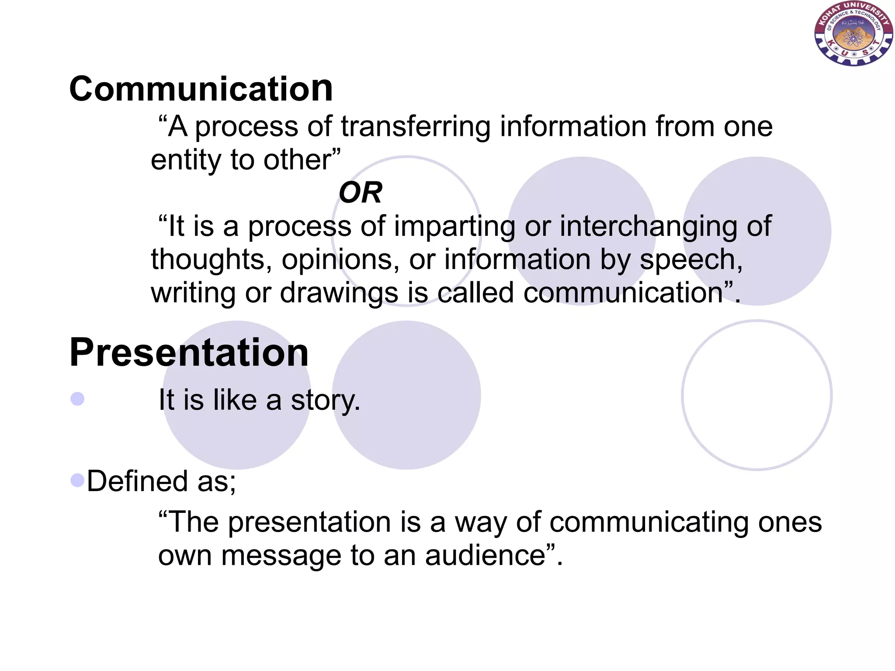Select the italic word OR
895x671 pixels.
pos(360,193)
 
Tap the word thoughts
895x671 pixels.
pos(208,259)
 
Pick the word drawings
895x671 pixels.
pos(339,293)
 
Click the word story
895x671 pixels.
pos(325,400)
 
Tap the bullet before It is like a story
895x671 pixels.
pos(77,399)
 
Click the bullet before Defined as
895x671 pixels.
pos(77,480)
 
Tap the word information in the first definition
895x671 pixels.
pos(573,127)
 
